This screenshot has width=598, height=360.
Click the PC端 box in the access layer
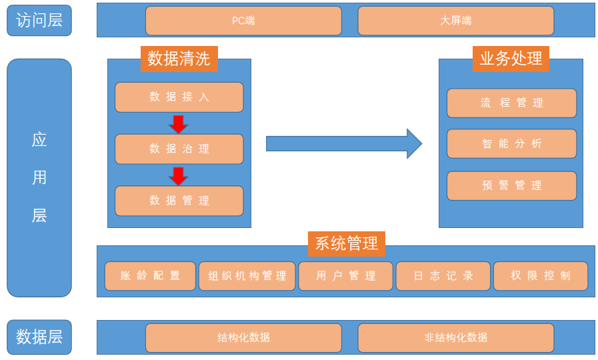(243, 21)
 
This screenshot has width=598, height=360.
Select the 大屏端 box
(455, 21)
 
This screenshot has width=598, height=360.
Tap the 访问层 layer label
(39, 21)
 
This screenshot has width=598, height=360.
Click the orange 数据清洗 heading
(179, 59)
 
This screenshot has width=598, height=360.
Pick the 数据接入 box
(179, 97)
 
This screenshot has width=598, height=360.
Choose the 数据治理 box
(179, 149)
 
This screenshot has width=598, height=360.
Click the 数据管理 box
(179, 201)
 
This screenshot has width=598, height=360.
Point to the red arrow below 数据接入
(179, 124)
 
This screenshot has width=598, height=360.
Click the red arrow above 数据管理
(179, 176)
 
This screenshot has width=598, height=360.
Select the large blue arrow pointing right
(343, 143)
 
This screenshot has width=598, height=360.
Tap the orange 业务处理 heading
(511, 59)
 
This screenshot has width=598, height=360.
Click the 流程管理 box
(511, 103)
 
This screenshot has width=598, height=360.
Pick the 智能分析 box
(511, 143)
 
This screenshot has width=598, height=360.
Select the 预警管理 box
(511, 186)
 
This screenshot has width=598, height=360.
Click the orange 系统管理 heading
(346, 243)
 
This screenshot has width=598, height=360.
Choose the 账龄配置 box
(150, 276)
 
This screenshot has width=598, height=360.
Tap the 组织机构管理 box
(247, 276)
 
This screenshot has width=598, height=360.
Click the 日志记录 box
(443, 276)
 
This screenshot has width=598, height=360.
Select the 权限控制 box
(540, 276)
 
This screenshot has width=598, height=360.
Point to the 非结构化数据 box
(455, 337)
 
